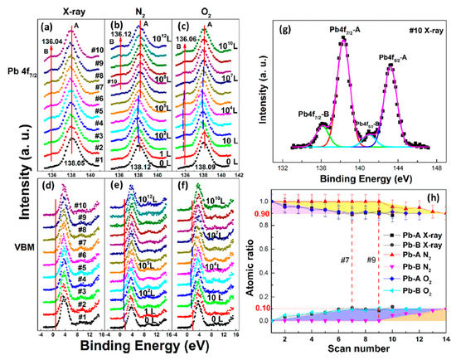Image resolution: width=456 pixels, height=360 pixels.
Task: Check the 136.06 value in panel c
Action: pyautogui.click(x=181, y=38)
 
